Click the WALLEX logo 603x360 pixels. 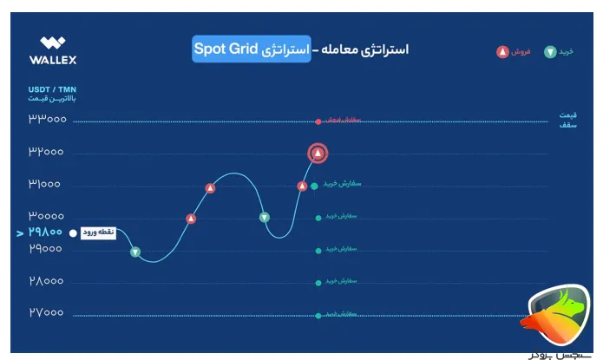58,51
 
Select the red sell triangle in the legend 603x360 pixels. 501,52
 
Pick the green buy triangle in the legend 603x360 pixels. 548,52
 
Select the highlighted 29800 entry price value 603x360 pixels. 45,232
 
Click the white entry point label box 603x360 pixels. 97,232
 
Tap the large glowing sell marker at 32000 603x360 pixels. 318,154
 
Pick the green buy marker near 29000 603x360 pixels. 135,252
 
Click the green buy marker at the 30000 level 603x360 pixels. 265,217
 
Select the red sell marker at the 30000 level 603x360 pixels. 191,219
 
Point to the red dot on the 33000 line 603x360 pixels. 318,121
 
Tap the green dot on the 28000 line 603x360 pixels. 318,282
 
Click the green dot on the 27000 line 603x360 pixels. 318,314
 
